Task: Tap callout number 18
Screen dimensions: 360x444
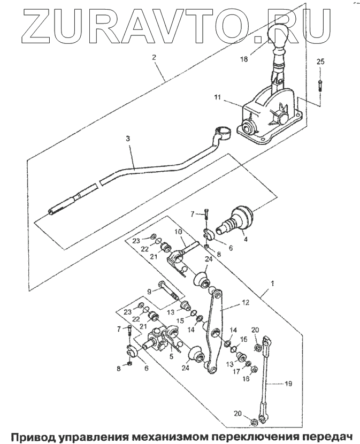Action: coord(244,59)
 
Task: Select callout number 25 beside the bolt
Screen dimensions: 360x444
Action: coord(320,62)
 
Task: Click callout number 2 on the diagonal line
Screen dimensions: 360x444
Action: coord(154,57)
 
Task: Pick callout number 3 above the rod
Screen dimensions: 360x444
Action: coord(128,139)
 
